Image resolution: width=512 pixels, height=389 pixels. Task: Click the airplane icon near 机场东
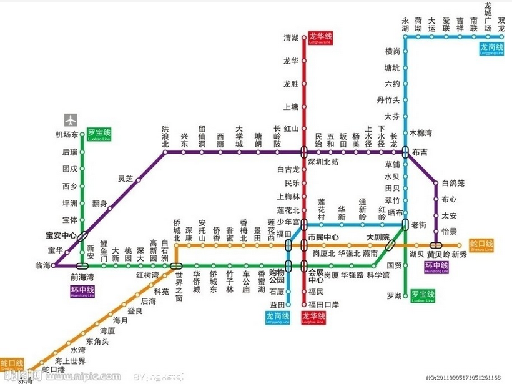pos(71,119)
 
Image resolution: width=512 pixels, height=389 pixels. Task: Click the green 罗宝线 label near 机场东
pos(99,134)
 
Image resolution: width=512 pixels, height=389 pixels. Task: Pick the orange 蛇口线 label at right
pos(481,245)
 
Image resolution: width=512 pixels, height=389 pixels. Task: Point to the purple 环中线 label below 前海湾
pos(82,292)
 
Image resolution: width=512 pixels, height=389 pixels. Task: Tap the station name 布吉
pos(420,152)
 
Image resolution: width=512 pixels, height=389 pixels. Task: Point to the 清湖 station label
pos(291,38)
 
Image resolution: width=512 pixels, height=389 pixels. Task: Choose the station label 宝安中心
pos(61,235)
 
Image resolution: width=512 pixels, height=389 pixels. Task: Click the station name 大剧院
pos(377,237)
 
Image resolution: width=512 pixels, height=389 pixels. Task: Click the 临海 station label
pos(43,265)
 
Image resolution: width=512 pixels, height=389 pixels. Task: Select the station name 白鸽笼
pos(453,184)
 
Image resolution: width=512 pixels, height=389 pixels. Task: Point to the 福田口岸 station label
pos(323,305)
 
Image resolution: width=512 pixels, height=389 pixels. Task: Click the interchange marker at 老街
pos(405,225)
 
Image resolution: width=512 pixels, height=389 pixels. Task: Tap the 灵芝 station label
pos(126,179)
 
